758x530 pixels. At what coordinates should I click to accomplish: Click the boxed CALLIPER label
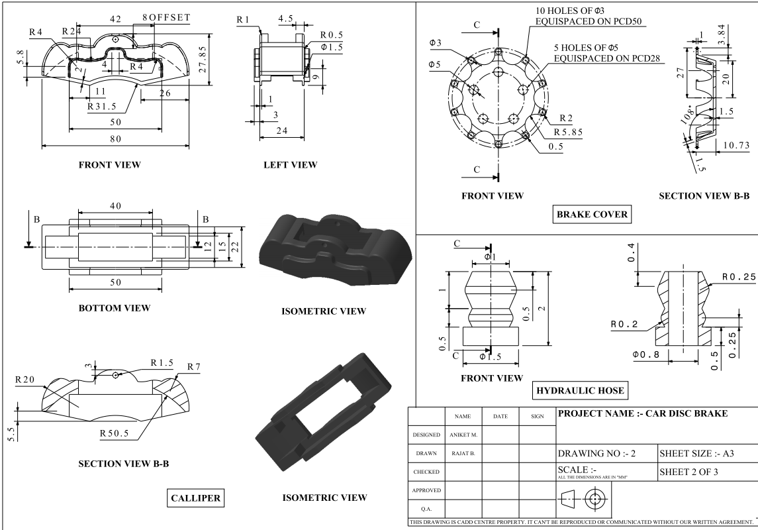tap(196, 497)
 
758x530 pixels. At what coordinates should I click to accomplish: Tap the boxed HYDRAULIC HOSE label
tap(581, 390)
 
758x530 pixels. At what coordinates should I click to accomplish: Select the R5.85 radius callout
tap(569, 132)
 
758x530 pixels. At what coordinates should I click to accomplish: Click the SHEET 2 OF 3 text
tap(689, 473)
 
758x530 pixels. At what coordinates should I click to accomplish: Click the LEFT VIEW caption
tap(291, 164)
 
